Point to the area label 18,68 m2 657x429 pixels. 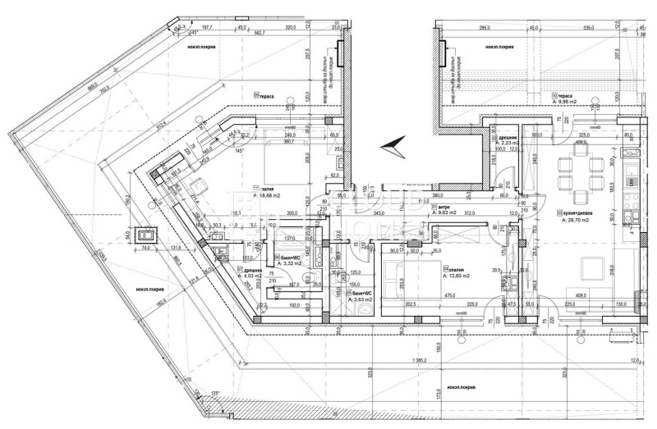tap(273, 195)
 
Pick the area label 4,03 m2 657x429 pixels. tap(252, 276)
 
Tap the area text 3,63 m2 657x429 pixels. tap(361, 300)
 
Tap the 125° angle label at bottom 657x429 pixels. tap(216, 395)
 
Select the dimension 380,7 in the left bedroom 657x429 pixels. tap(289, 140)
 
